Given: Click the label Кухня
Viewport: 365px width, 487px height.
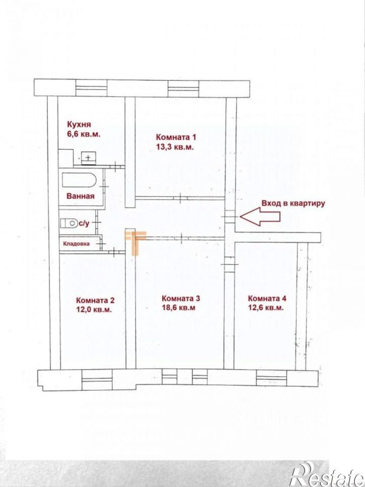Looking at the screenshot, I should coord(79,123).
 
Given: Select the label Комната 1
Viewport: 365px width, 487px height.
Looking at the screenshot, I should coord(175,137).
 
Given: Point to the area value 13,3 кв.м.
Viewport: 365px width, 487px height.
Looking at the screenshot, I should coord(175,147).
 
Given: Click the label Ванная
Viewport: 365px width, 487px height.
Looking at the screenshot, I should coord(80,196).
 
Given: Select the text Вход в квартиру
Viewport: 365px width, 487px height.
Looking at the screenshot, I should coord(293,203).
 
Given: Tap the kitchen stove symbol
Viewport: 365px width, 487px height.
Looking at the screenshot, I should coord(88,158).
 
